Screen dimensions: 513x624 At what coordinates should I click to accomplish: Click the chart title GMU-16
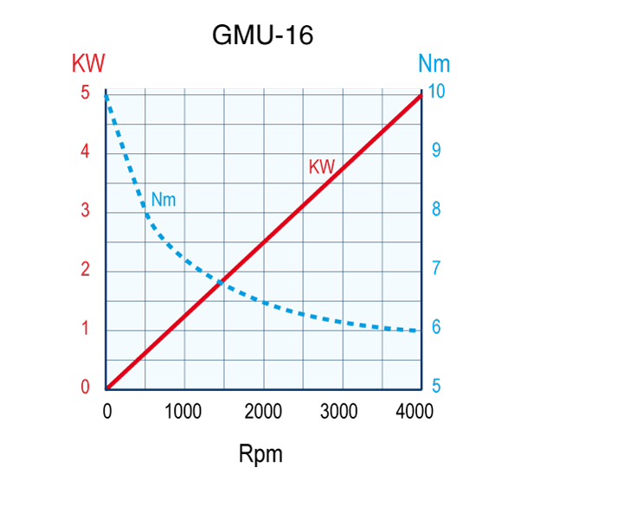pos(262,35)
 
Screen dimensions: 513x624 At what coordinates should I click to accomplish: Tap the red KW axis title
pos(88,63)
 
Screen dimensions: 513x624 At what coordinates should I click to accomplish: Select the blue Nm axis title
pos(434,63)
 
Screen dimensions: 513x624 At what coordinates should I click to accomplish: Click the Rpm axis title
pos(261,453)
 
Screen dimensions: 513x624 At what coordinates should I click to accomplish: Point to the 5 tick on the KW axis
pos(86,93)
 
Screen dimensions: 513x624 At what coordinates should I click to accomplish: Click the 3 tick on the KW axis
pos(86,210)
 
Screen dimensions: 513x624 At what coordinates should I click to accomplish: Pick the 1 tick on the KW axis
pos(86,328)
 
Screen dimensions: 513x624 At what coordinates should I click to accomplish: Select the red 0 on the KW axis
pos(86,387)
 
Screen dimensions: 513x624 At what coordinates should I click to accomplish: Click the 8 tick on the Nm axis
pos(436,209)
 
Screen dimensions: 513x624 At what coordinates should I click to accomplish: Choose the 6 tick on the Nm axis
pos(436,328)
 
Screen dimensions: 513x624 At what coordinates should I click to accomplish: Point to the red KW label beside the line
pos(322,167)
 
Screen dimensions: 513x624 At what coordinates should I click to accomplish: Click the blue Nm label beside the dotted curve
pos(164,200)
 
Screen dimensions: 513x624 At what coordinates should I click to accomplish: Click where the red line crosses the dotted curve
pos(223,281)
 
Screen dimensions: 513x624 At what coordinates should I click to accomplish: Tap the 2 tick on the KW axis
pos(86,269)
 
